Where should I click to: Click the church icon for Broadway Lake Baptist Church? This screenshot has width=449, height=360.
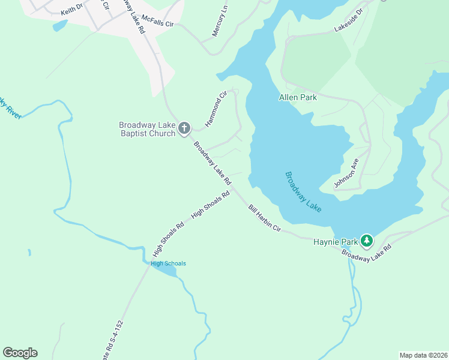pyautogui.click(x=184, y=128)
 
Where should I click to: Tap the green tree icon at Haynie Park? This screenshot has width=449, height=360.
pyautogui.click(x=366, y=241)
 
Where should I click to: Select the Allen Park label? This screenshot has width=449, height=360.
pyautogui.click(x=298, y=97)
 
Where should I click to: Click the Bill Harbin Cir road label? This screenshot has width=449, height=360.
pyautogui.click(x=265, y=218)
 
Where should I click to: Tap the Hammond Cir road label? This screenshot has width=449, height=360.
pyautogui.click(x=217, y=108)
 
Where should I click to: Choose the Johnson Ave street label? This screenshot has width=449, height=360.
pyautogui.click(x=346, y=173)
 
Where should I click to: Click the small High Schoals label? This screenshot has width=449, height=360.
pyautogui.click(x=168, y=263)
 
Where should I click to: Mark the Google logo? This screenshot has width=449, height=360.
pyautogui.click(x=20, y=353)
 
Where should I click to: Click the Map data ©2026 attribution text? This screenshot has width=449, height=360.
pyautogui.click(x=423, y=355)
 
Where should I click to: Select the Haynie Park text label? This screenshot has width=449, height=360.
pyautogui.click(x=335, y=242)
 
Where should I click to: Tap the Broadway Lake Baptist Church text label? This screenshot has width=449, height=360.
pyautogui.click(x=147, y=129)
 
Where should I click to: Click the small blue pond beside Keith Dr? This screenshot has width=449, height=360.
pyautogui.click(x=60, y=25)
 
